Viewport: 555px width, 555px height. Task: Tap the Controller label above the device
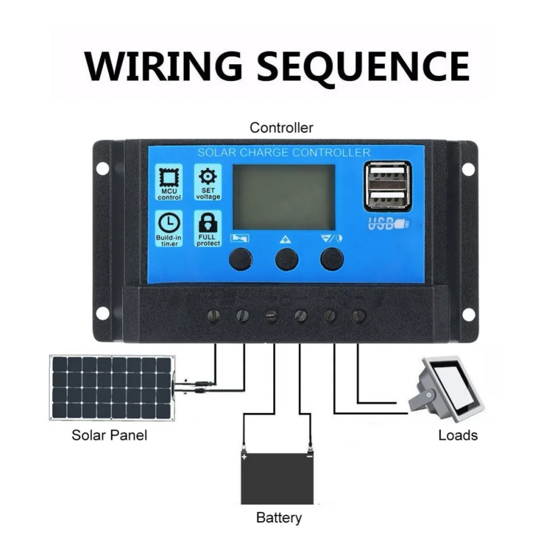pyautogui.click(x=281, y=128)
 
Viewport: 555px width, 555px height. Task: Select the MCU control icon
pyautogui.click(x=169, y=178)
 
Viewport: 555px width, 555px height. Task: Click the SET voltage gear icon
pyautogui.click(x=208, y=177)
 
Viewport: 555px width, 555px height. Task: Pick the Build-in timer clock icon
pyautogui.click(x=169, y=223)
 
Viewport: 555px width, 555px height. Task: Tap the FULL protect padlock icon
pyautogui.click(x=208, y=223)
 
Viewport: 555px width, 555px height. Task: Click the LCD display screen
pyautogui.click(x=284, y=197)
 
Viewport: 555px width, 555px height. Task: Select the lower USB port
pyautogui.click(x=387, y=198)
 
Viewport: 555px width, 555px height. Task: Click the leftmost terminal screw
pyautogui.click(x=214, y=316)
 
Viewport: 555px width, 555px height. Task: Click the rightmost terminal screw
pyautogui.click(x=359, y=316)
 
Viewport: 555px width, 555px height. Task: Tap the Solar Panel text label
pyautogui.click(x=109, y=435)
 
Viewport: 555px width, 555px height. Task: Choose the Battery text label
pyautogui.click(x=279, y=518)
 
